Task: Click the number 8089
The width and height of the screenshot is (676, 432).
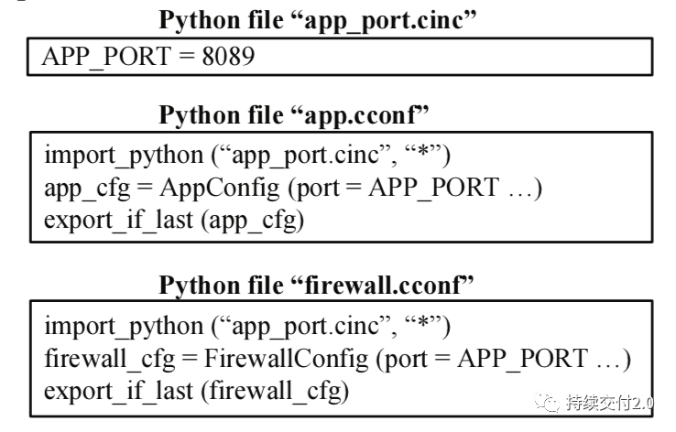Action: (x=228, y=56)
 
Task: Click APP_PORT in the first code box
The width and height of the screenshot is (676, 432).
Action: (x=106, y=57)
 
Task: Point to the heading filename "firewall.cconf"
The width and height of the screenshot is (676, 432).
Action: (x=382, y=285)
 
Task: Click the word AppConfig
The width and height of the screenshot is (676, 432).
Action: (x=220, y=189)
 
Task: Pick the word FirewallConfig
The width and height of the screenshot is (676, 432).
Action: (x=286, y=359)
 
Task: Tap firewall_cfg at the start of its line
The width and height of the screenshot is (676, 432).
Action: (x=110, y=359)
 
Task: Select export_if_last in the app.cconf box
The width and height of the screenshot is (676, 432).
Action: (x=118, y=221)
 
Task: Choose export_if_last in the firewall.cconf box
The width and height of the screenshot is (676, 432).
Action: (x=118, y=391)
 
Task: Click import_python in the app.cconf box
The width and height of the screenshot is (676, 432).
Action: (x=124, y=155)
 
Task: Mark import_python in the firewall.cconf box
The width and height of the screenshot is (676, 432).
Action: (x=124, y=326)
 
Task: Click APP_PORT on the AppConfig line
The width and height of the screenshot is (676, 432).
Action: (x=433, y=189)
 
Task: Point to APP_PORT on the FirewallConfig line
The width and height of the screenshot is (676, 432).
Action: (x=522, y=359)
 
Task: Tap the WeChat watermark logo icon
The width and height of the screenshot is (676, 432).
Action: (x=547, y=403)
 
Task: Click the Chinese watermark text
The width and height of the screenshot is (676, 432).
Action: (x=609, y=403)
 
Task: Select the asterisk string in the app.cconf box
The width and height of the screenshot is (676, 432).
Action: (x=424, y=153)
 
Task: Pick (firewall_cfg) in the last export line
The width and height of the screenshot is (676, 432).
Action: (x=275, y=391)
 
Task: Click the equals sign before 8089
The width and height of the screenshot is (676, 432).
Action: (x=186, y=57)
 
